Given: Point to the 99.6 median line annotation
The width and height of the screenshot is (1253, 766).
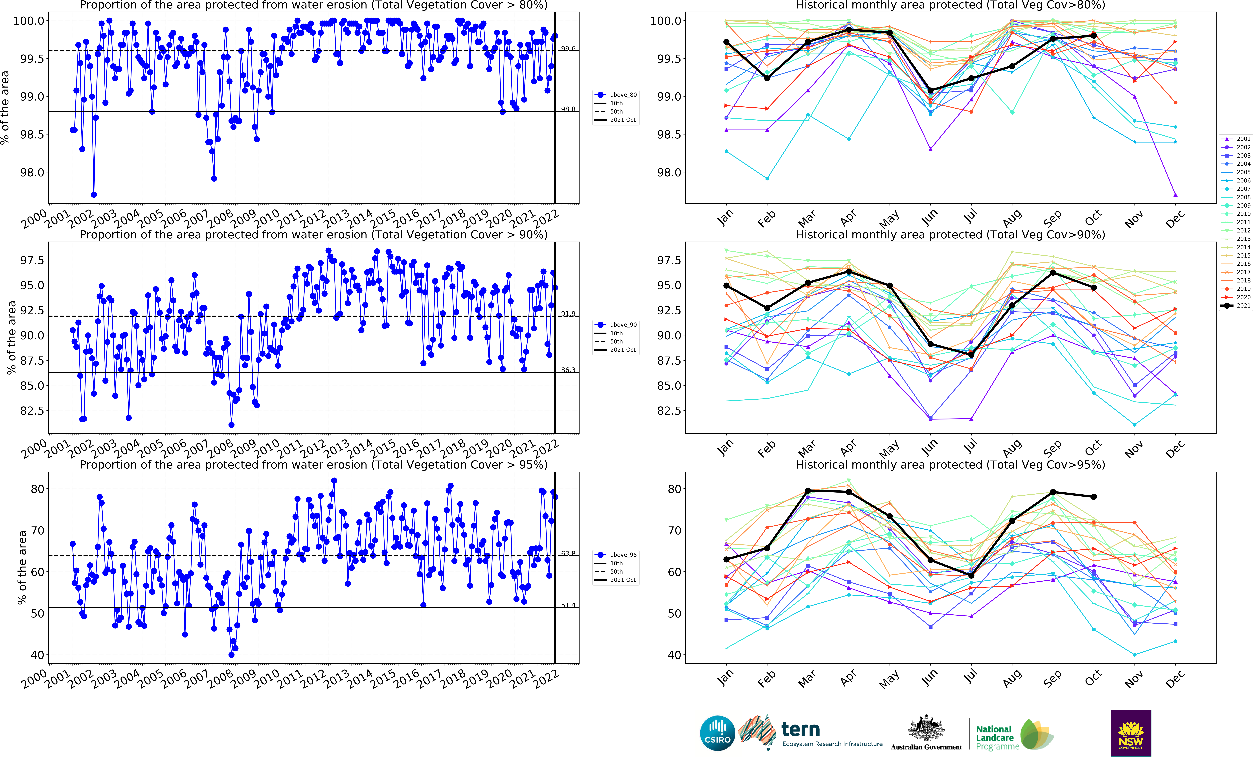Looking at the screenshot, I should (x=568, y=49).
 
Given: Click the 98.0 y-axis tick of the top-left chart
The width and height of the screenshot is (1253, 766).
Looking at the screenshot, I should (x=32, y=172).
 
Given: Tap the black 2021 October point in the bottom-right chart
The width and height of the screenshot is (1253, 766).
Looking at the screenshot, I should (x=1094, y=497).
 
